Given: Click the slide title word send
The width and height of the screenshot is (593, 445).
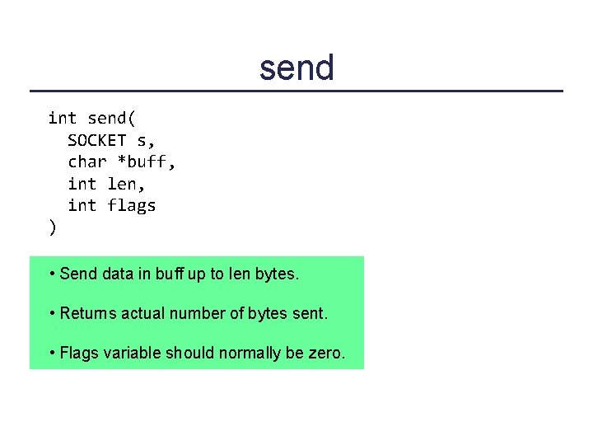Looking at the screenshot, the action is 296,68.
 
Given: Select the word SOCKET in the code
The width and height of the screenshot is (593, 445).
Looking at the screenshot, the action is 96,140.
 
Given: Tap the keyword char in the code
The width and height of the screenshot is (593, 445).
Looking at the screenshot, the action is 86,162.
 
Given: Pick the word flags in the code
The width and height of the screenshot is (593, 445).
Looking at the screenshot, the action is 131,206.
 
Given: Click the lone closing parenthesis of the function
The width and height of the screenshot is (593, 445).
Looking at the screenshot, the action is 53,227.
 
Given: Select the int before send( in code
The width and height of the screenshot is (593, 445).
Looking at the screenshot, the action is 62,119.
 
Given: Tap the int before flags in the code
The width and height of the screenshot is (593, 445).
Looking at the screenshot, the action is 82,206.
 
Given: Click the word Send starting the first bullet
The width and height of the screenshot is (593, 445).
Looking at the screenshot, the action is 78,274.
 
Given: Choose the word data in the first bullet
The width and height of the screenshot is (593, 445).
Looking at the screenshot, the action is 117,274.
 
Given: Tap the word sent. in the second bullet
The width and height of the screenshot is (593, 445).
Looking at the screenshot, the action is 311,314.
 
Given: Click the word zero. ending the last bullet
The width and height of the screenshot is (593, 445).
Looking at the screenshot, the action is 327,354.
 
